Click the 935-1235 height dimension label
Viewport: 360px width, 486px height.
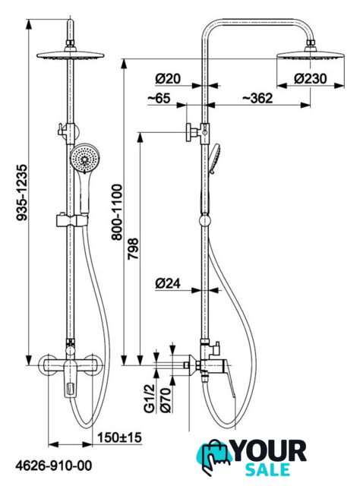tap(22, 192)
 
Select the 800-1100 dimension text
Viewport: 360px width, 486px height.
tap(117, 213)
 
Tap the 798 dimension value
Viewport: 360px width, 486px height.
tap(134, 248)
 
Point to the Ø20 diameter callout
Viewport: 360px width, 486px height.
tap(168, 79)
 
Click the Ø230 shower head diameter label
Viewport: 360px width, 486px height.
tap(310, 79)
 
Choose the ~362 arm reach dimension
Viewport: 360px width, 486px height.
tap(257, 98)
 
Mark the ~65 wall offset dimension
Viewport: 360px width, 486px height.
tap(159, 98)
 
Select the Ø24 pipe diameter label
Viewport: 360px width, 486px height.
tap(168, 283)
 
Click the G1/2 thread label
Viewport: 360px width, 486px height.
tap(150, 398)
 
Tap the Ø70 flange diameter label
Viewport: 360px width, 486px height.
tap(166, 400)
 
